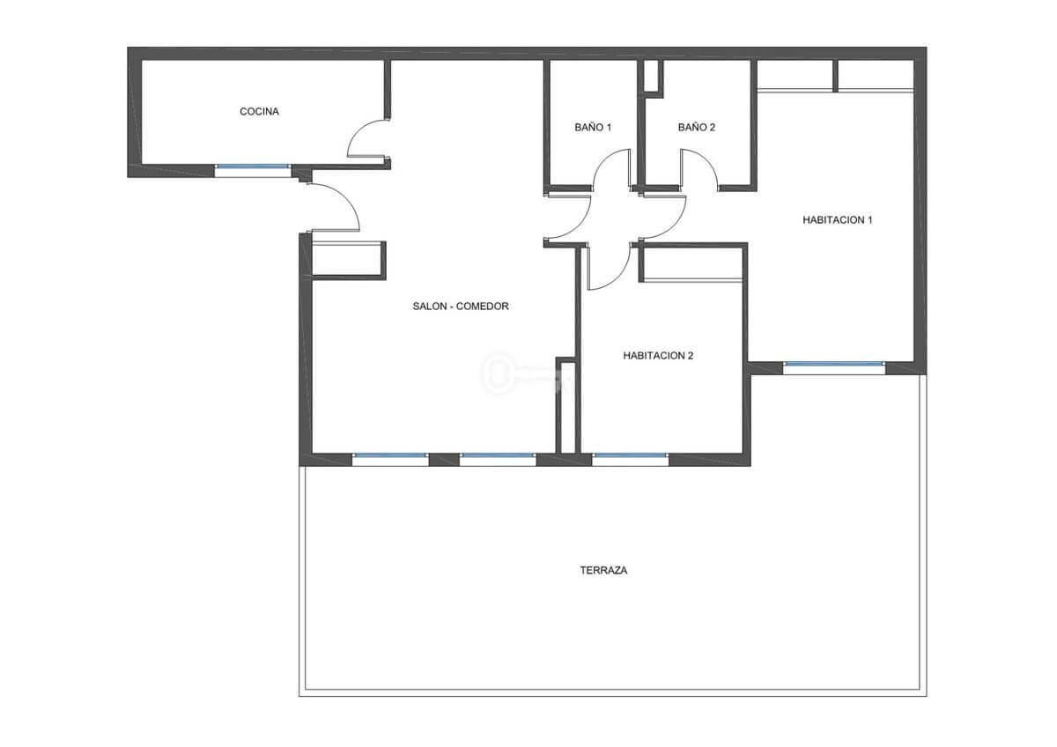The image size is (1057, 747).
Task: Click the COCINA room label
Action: click(x=259, y=112)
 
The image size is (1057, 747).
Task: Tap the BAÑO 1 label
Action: click(x=593, y=128)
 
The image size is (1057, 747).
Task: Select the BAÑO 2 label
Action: click(x=697, y=128)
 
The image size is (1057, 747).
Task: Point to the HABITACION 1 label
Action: click(x=838, y=220)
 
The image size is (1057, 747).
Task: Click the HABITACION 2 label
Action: click(x=658, y=356)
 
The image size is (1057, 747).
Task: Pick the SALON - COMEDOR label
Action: click(x=461, y=307)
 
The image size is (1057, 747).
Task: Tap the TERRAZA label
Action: click(x=603, y=571)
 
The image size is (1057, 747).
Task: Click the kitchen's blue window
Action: click(x=253, y=166)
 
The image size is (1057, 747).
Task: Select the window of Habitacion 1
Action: click(x=834, y=364)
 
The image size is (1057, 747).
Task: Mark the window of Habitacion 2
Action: click(x=630, y=455)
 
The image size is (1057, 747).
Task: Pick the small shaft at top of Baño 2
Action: click(x=651, y=76)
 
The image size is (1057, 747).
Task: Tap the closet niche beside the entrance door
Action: click(x=348, y=261)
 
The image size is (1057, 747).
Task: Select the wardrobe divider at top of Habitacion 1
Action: click(x=835, y=76)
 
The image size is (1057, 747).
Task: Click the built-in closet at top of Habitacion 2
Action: click(x=692, y=263)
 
